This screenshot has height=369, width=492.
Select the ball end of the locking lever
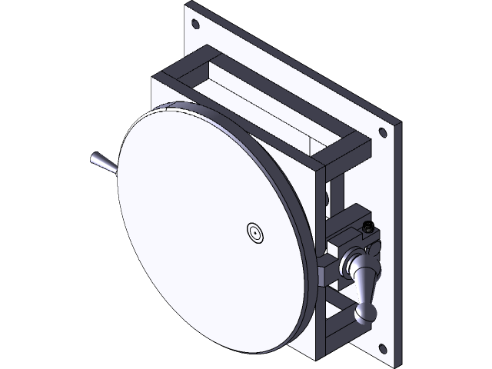[x=366, y=311]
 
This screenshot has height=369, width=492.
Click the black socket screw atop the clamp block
[x=367, y=228]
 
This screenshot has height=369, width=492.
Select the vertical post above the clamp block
[x=337, y=196]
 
